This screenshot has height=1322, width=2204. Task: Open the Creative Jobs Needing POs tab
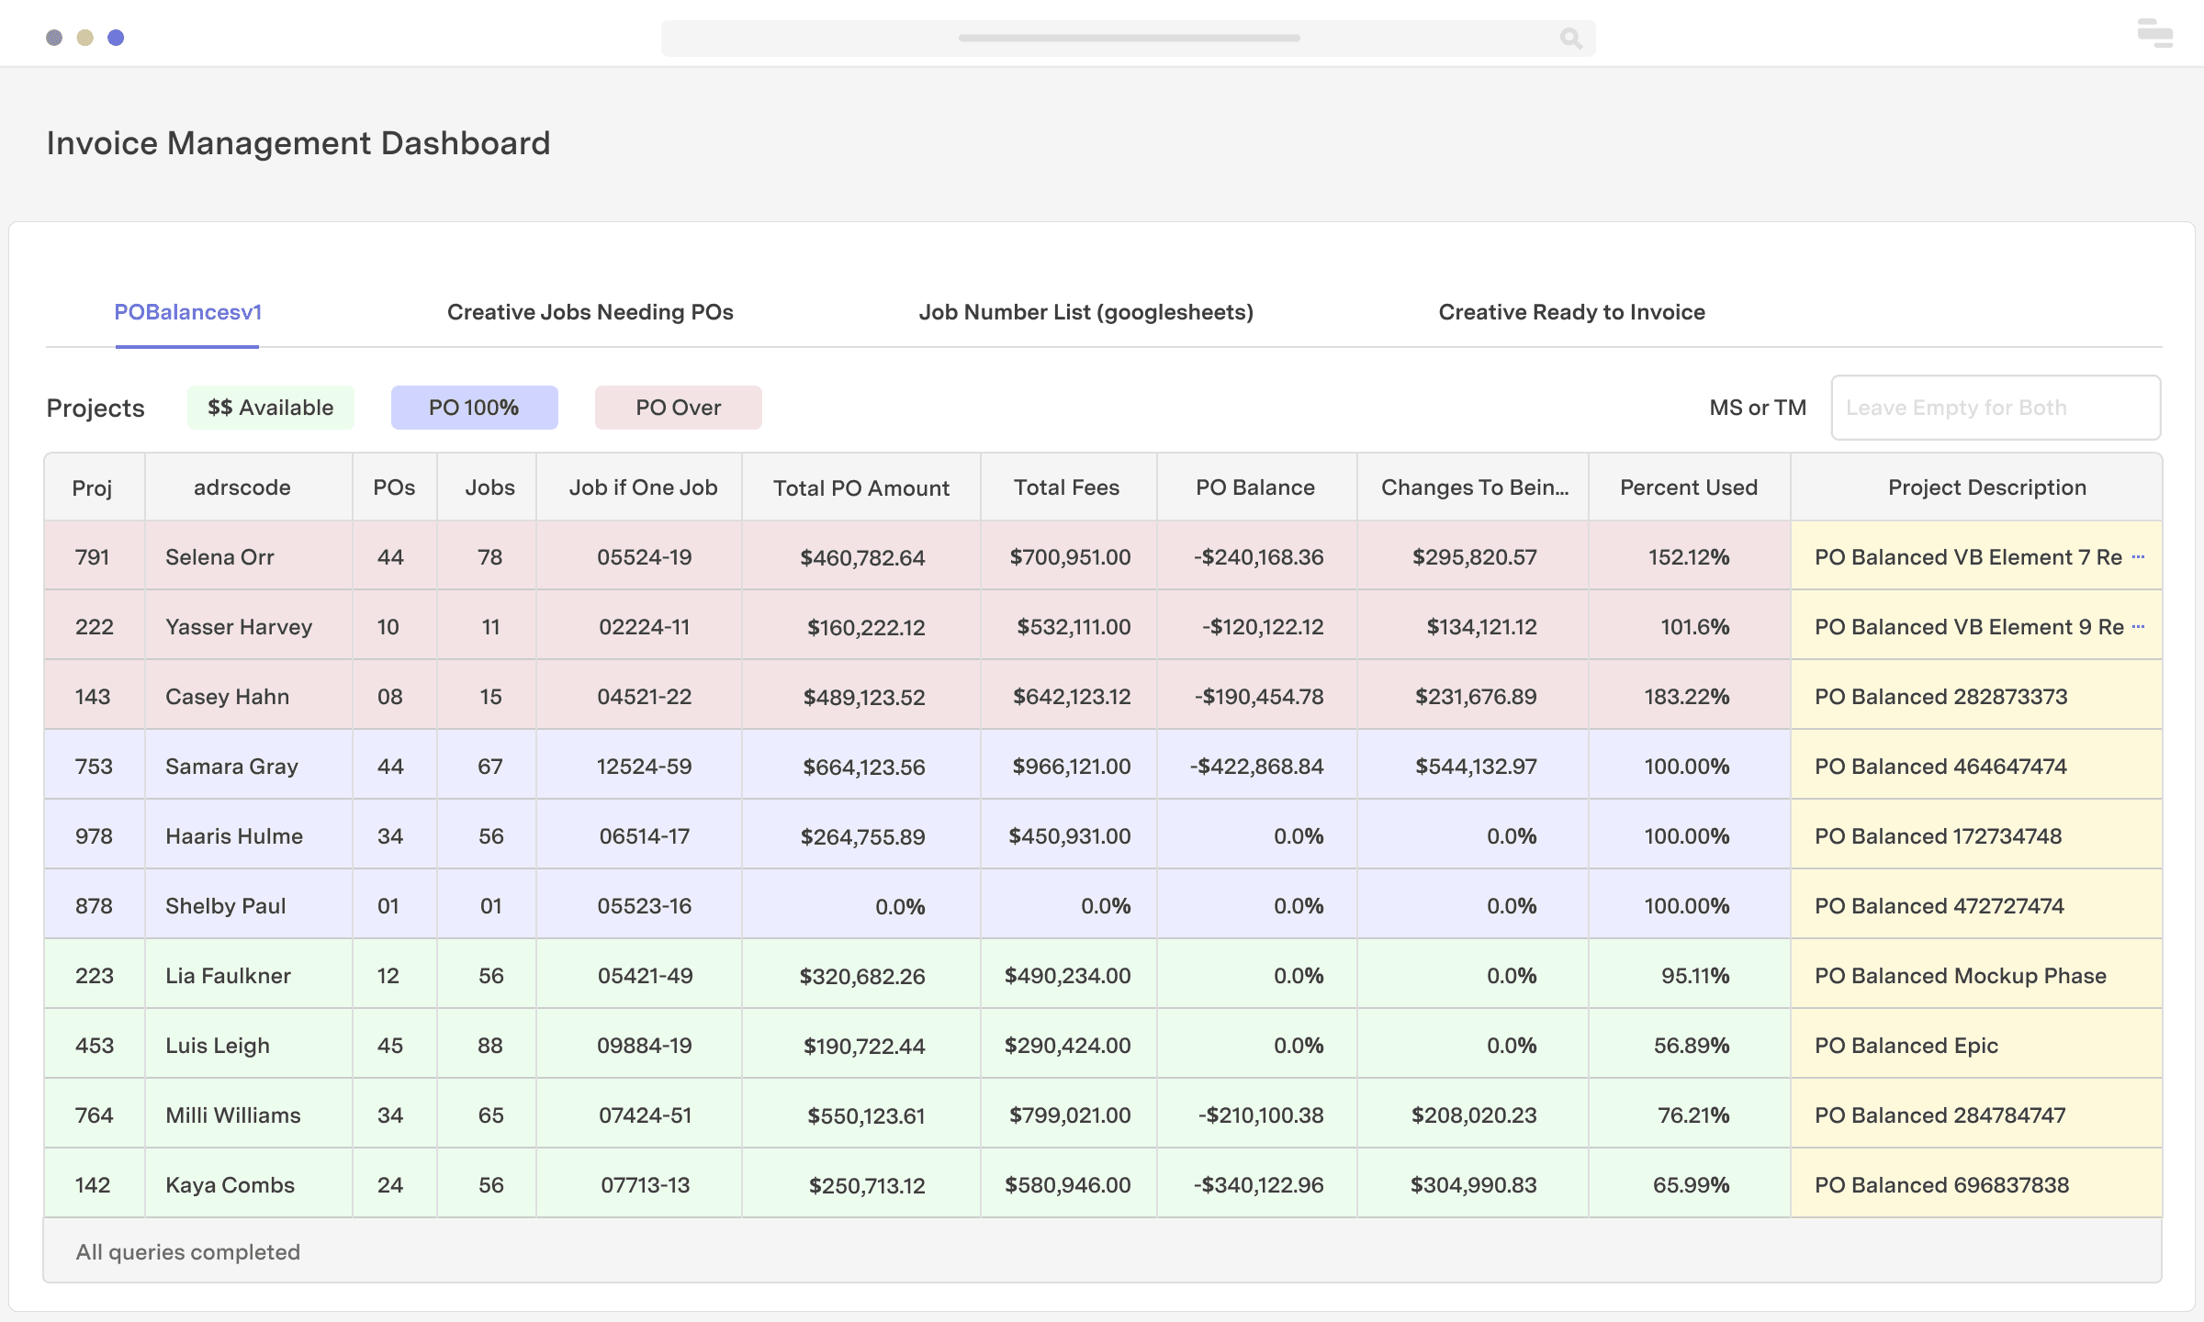tap(590, 312)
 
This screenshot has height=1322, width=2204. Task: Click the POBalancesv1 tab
tap(187, 312)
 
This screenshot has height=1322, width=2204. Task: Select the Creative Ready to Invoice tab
tap(1571, 312)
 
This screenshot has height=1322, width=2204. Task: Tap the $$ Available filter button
tap(270, 408)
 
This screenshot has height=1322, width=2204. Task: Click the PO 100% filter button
tap(474, 408)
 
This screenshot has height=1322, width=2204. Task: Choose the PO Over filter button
tap(678, 408)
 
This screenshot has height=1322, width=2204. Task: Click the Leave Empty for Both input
tap(1995, 408)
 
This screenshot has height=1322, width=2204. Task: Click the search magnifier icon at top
tap(1570, 39)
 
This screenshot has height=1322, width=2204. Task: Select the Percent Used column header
tap(1688, 487)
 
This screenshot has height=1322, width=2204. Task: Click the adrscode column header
tap(242, 487)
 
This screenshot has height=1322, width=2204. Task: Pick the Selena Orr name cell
tap(219, 557)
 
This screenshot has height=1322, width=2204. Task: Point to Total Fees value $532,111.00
tap(1073, 627)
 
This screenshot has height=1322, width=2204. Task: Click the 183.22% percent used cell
tap(1686, 697)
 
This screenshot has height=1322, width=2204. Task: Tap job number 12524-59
tap(644, 767)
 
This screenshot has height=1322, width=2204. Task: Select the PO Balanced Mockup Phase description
tap(1960, 976)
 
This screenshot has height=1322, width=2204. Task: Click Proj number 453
tap(94, 1046)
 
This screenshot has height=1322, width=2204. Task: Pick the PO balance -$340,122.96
tap(1258, 1185)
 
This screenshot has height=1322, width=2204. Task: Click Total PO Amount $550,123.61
tap(865, 1115)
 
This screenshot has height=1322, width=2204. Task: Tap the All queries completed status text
tap(187, 1252)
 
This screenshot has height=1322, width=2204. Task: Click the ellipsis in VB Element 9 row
tap(2138, 626)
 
